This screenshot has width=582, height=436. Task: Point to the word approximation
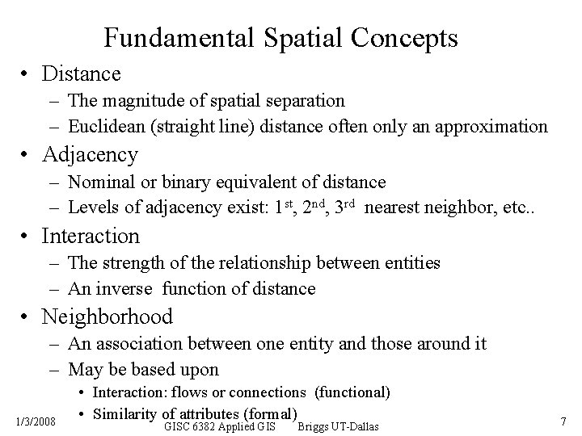tap(490, 127)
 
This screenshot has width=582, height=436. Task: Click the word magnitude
tap(141, 101)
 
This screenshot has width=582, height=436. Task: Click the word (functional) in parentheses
tap(352, 392)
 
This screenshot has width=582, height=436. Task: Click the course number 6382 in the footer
tap(217, 426)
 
